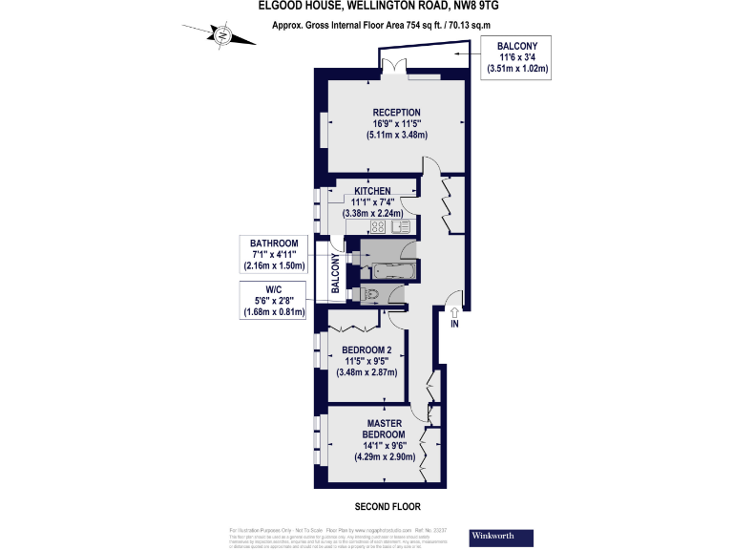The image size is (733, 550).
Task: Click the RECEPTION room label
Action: tap(397, 113)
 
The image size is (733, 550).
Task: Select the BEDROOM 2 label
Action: tap(366, 350)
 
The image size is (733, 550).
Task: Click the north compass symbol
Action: tap(222, 37)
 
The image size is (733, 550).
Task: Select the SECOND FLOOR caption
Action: tap(387, 507)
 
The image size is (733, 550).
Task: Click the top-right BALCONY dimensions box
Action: tap(517, 57)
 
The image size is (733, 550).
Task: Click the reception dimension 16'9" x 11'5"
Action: tap(397, 123)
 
